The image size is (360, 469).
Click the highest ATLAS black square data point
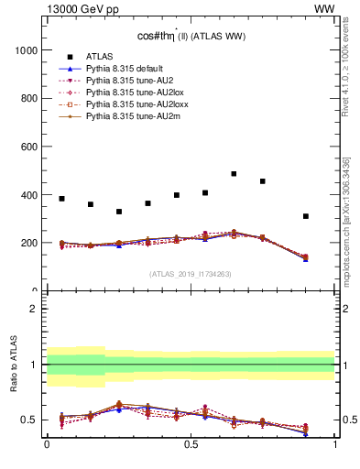tap(234, 174)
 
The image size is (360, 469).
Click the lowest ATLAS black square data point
tap(306, 216)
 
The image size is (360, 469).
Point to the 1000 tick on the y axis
tap(27, 50)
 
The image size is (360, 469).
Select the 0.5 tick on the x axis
tap(191, 444)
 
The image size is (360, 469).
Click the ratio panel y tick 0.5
tap(30, 420)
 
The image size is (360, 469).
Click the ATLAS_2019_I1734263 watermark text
tap(191, 273)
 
